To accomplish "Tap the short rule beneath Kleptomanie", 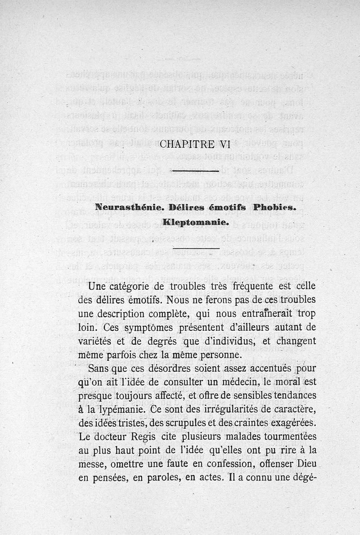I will pos(196,248).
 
